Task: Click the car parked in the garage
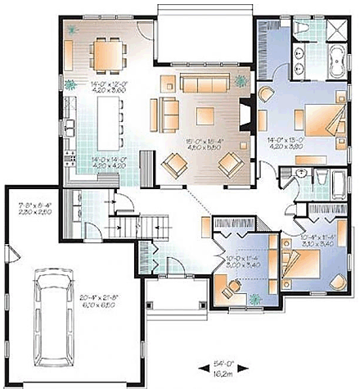pos(55,311)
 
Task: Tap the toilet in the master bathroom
pos(300,29)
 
